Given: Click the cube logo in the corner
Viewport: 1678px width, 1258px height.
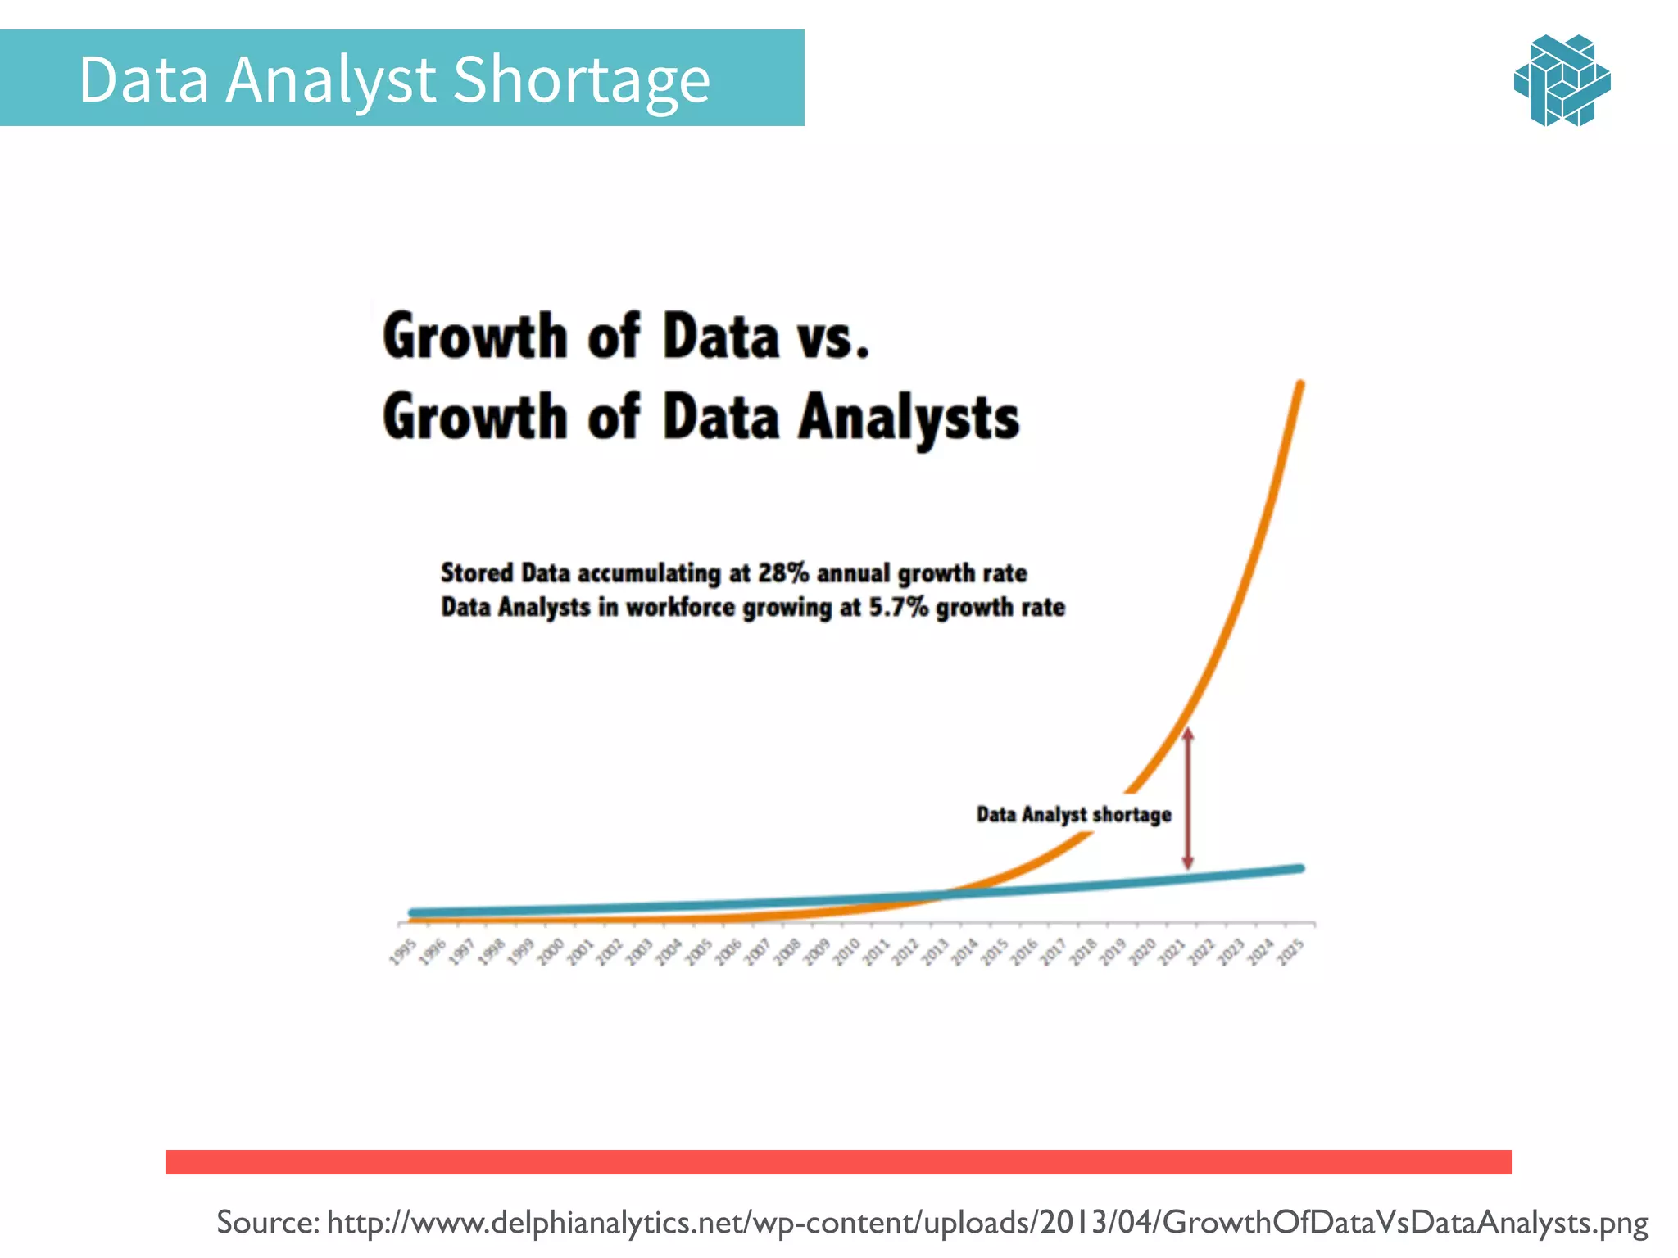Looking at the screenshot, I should [1562, 80].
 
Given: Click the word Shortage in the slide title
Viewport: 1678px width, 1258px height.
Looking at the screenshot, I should [581, 79].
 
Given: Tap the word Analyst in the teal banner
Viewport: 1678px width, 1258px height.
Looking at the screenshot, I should [330, 79].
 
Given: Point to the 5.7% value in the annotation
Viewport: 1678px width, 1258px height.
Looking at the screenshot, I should [898, 608].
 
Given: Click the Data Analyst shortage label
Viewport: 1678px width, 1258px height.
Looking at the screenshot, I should [1073, 815].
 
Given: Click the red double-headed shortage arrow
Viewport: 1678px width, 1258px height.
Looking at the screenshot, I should [1188, 799].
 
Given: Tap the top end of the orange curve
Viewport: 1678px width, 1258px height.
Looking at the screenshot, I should [1300, 385].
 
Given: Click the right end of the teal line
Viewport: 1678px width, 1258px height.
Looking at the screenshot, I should [1299, 869].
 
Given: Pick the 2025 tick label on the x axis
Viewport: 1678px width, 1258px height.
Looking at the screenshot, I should [1290, 953].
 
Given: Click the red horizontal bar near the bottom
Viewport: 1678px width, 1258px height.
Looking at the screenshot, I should [838, 1161].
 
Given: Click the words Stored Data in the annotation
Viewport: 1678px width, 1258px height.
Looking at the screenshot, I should [505, 572].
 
